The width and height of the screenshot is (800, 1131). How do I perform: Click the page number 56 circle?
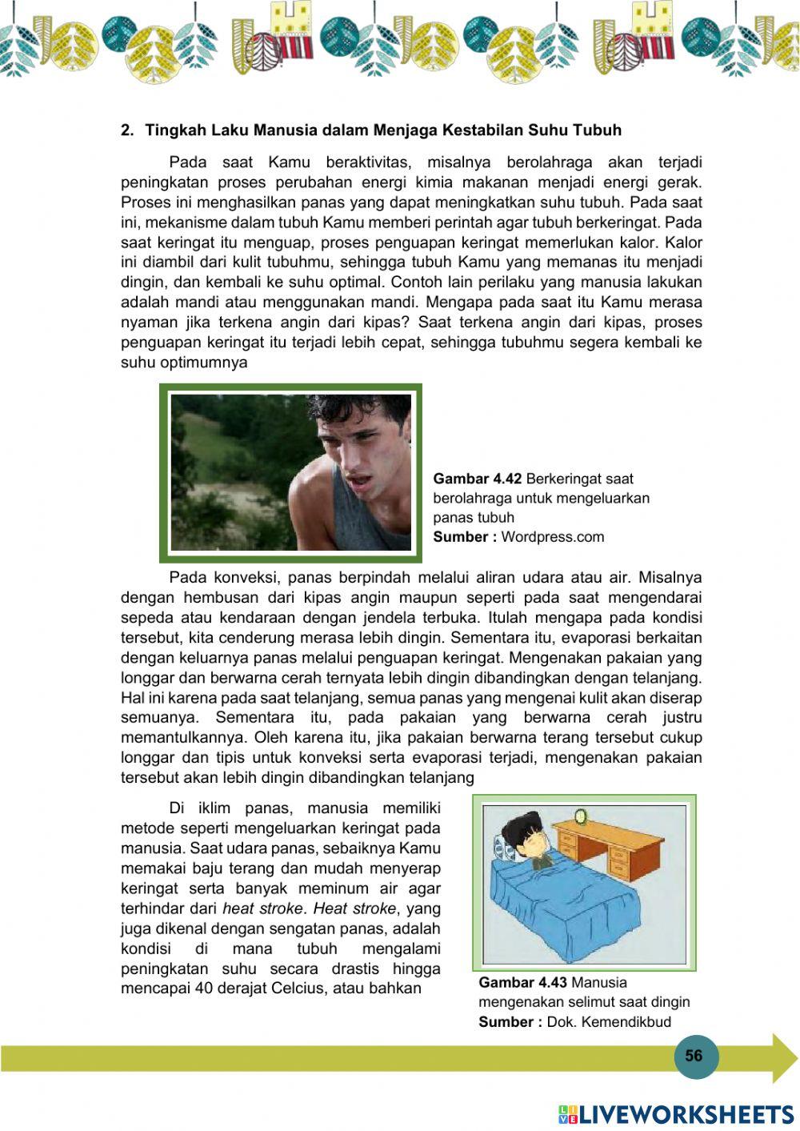click(694, 1056)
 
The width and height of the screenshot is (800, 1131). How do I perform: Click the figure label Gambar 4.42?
click(477, 479)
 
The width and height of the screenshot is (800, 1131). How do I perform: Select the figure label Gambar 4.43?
click(522, 982)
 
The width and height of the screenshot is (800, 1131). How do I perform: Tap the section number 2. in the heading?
click(126, 130)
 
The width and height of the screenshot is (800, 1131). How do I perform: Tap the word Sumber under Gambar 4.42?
click(460, 536)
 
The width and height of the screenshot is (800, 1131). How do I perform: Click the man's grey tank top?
click(352, 512)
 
